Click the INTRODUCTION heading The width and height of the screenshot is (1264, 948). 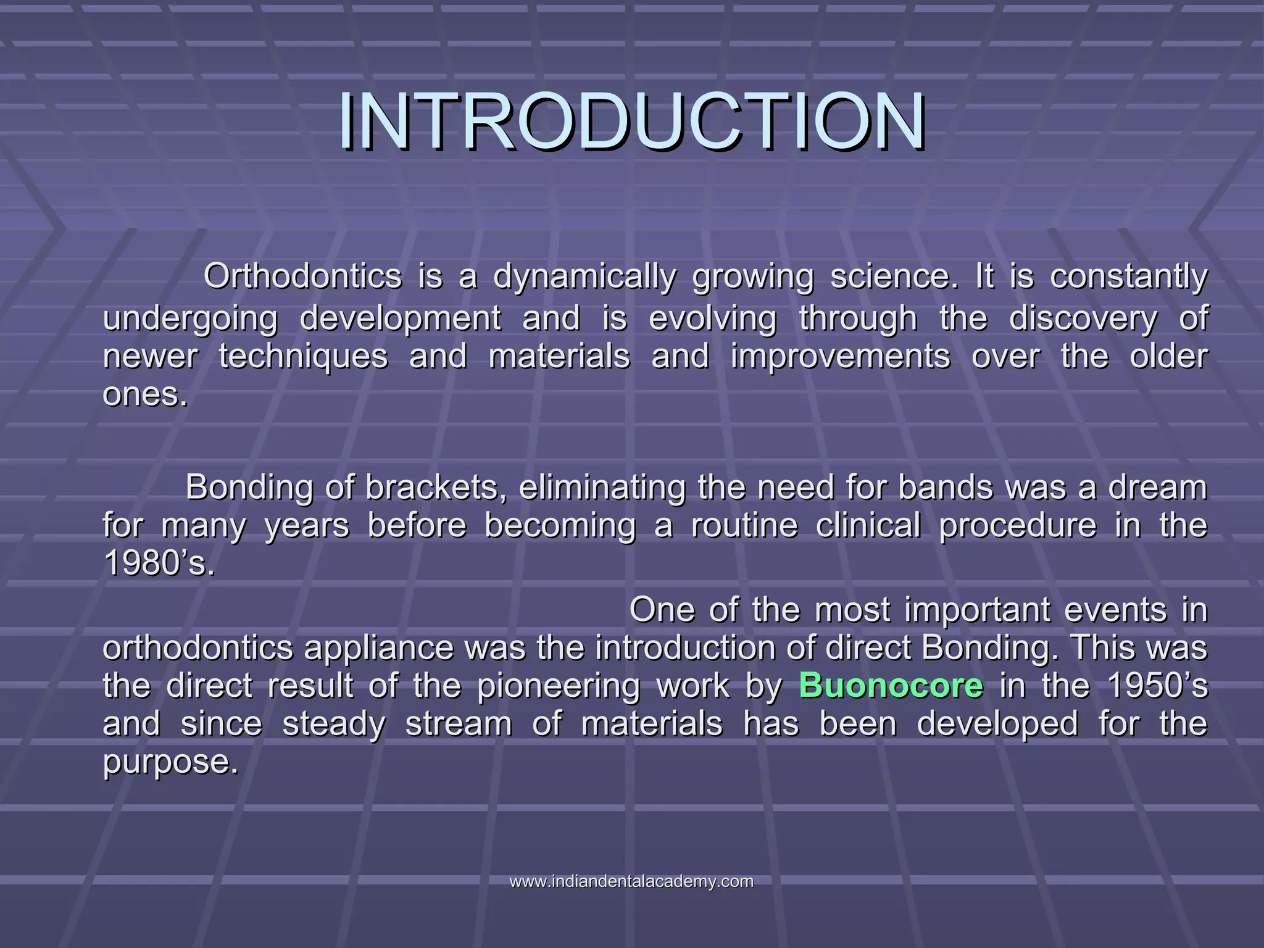[x=631, y=121]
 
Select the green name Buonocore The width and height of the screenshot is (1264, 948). [x=891, y=686]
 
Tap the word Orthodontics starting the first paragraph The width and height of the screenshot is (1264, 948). [x=302, y=276]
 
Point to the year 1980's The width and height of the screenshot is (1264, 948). [x=159, y=562]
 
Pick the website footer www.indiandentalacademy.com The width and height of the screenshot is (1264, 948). [x=631, y=881]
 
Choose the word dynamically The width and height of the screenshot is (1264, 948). [x=584, y=277]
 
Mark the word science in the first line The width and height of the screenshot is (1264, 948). [x=894, y=276]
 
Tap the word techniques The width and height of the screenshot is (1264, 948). [x=303, y=357]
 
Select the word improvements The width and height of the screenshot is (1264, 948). [x=840, y=357]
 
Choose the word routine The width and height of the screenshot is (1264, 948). [x=744, y=525]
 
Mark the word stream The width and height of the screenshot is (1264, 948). [x=458, y=724]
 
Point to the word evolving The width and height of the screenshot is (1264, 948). [x=712, y=319]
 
